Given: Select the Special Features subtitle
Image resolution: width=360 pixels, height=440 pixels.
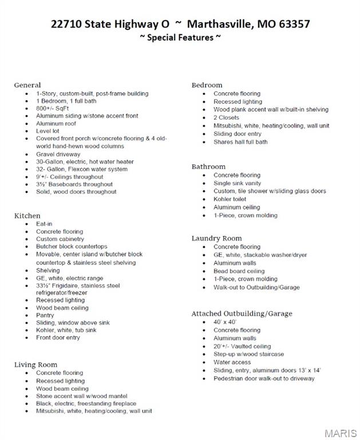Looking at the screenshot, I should point(180,38).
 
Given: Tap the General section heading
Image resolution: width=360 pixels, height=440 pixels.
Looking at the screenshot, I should point(27,85).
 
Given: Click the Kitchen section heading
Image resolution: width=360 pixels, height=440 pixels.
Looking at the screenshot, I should point(27,215).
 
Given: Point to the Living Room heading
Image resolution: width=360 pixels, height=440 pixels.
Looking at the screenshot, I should point(35,364).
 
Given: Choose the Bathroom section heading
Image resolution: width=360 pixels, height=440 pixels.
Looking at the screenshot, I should point(208,167).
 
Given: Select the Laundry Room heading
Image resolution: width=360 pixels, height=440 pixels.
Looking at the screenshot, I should point(216,238).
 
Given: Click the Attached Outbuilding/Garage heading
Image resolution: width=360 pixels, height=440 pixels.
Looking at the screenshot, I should point(242,313).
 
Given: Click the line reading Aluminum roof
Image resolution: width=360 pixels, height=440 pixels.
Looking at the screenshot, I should point(56,123).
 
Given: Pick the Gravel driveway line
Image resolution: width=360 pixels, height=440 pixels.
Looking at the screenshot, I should point(58,154).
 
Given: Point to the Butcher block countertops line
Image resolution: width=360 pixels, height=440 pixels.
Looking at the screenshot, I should point(72,246).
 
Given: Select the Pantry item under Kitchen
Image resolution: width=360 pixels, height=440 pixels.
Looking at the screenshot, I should point(45,315).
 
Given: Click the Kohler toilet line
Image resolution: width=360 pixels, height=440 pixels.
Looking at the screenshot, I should point(230,199).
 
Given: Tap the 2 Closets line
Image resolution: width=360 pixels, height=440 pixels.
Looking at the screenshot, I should point(227,117).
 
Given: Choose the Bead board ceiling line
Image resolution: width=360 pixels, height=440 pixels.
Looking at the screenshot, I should point(239,271).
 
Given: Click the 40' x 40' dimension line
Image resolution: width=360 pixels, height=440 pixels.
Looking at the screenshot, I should point(225,322).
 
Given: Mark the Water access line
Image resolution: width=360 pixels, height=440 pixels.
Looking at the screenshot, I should point(232,362).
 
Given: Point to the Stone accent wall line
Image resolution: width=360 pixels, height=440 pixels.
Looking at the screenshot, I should point(81,396).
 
